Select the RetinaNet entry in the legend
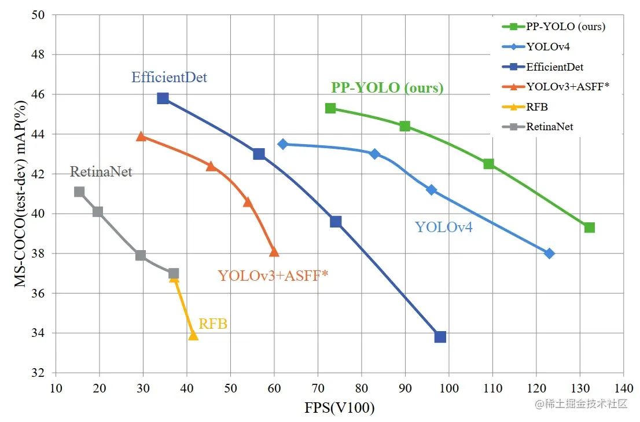(x=549, y=126)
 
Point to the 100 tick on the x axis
(x=449, y=387)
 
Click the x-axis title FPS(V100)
(x=339, y=408)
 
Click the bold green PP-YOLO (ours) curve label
(x=387, y=88)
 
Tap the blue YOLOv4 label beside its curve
(x=443, y=227)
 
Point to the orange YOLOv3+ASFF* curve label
(x=273, y=276)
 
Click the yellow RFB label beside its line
(x=212, y=324)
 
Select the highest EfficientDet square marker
(x=163, y=98)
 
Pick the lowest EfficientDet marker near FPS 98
(x=440, y=337)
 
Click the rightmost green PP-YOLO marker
(x=589, y=227)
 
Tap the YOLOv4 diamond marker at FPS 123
(x=550, y=254)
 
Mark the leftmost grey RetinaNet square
(x=79, y=192)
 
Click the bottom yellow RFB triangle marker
(x=193, y=336)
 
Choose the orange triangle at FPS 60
(x=274, y=252)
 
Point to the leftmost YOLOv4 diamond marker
(x=283, y=144)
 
